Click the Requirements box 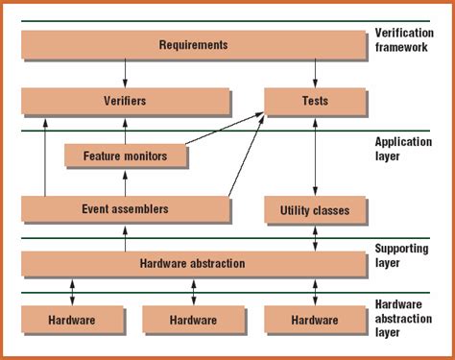[x=193, y=44]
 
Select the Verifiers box [x=125, y=101]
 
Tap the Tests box [x=315, y=101]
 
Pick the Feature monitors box [x=125, y=155]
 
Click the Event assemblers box [x=125, y=208]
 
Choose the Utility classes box [x=315, y=209]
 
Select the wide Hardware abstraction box [x=193, y=263]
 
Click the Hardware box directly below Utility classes [x=315, y=319]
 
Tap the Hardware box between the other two [x=193, y=319]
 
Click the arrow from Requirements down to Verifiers [x=125, y=72]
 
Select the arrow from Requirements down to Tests [x=315, y=72]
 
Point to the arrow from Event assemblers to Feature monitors [x=125, y=181]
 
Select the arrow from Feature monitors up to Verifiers [x=125, y=128]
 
